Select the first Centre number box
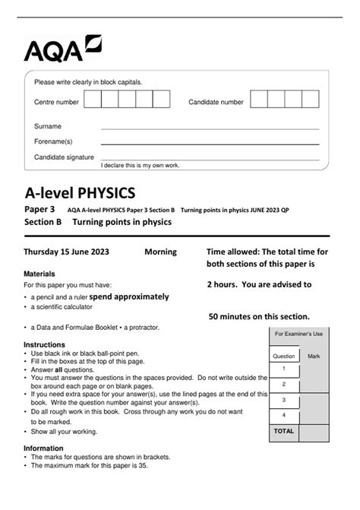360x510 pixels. [93, 100]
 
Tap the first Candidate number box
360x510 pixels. [259, 100]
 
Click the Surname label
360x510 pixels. [48, 126]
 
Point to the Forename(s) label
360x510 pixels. [53, 141]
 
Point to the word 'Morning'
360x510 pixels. [160, 252]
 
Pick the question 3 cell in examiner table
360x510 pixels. [284, 399]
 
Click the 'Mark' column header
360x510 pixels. [314, 355]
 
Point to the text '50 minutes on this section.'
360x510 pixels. [259, 316]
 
